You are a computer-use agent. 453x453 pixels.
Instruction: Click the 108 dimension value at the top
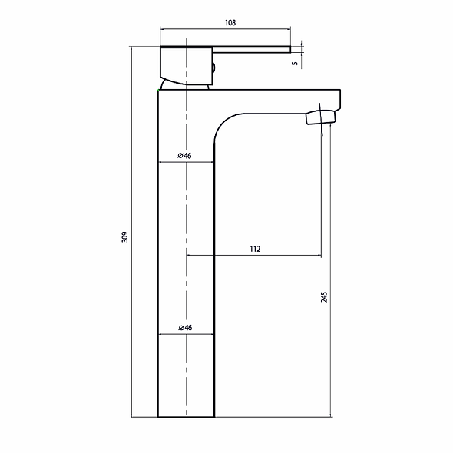click(x=230, y=23)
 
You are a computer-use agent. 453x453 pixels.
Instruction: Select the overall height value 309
click(x=125, y=237)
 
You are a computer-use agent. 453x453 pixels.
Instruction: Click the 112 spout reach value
click(x=255, y=248)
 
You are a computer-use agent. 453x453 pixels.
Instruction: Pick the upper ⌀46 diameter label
click(x=184, y=156)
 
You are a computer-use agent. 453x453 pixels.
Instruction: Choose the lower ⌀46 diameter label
click(x=184, y=327)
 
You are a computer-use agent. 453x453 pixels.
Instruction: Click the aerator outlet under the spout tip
click(x=321, y=117)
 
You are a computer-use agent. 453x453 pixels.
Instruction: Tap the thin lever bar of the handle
click(x=253, y=51)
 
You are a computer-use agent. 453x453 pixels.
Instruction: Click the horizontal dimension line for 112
click(x=253, y=255)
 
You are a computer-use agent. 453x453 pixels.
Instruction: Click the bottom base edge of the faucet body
click(x=186, y=417)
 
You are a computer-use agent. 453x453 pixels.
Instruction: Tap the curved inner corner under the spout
click(x=223, y=123)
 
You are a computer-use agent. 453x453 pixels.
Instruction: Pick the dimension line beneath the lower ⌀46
click(x=186, y=335)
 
